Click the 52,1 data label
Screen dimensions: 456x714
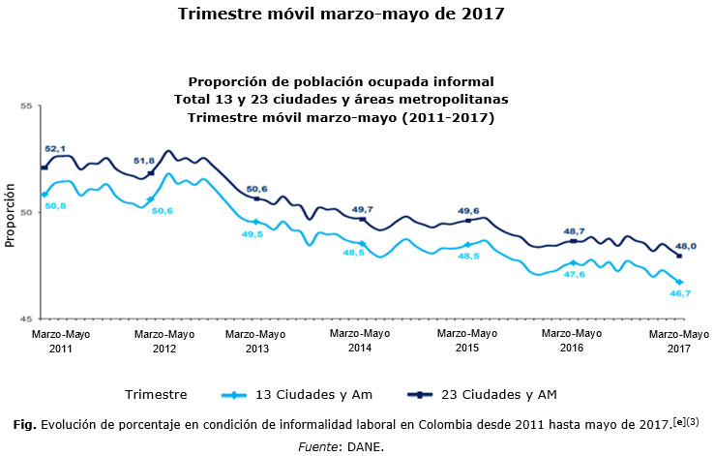56,147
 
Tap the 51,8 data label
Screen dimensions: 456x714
144,161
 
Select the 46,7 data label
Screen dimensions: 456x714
680,293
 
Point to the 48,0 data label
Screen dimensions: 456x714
686,245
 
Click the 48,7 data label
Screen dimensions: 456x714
575,230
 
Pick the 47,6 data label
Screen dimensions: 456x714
574,274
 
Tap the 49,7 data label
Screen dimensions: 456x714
362,209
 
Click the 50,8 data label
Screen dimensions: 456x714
56,206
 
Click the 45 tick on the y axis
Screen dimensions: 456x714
27,319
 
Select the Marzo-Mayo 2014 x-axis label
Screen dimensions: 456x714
360,340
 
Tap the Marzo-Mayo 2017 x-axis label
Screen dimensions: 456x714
678,340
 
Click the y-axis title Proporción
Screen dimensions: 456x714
11,214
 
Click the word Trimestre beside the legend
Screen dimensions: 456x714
157,394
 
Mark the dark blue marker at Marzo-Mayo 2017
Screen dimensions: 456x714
679,256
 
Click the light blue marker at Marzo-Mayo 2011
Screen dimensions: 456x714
45,195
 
